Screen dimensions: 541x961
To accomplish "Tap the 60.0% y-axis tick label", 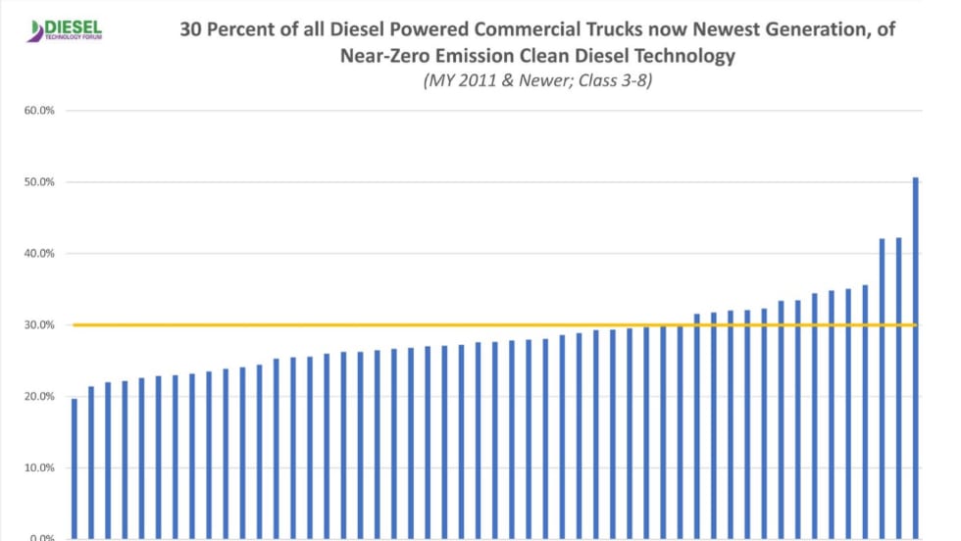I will tap(39, 111).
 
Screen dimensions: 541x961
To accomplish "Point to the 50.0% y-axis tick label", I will tap(39, 182).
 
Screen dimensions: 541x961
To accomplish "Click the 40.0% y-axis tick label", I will tap(39, 254).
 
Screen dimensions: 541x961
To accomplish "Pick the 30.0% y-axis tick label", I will tap(39, 325).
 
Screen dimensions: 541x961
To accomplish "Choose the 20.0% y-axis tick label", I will tap(39, 397).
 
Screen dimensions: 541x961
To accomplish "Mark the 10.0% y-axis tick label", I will tap(39, 468).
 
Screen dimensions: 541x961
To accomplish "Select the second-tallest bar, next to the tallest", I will tap(898, 388).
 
